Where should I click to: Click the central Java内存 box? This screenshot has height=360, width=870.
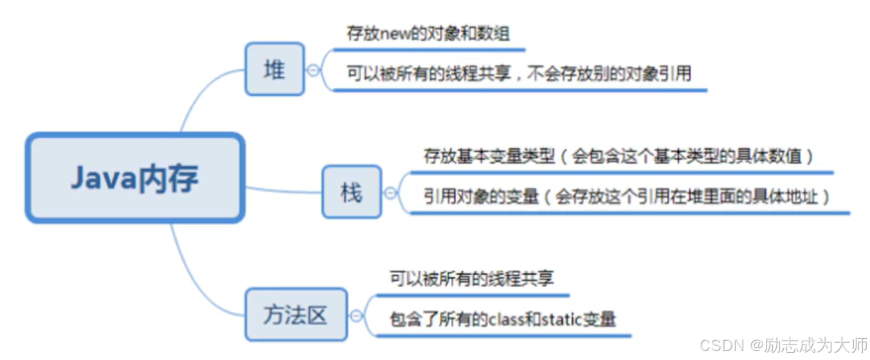tap(135, 178)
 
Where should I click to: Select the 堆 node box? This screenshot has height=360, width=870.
tap(275, 69)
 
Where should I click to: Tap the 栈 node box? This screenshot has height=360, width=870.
tap(351, 192)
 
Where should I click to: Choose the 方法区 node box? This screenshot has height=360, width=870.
tap(296, 314)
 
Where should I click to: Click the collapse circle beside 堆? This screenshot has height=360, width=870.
tap(314, 70)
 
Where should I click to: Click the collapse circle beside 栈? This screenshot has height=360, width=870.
tap(390, 192)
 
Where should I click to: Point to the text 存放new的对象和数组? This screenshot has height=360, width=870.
tap(428, 34)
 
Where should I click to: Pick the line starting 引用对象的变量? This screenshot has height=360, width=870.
tap(627, 196)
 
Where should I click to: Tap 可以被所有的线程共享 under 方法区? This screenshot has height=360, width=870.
tap(471, 278)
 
